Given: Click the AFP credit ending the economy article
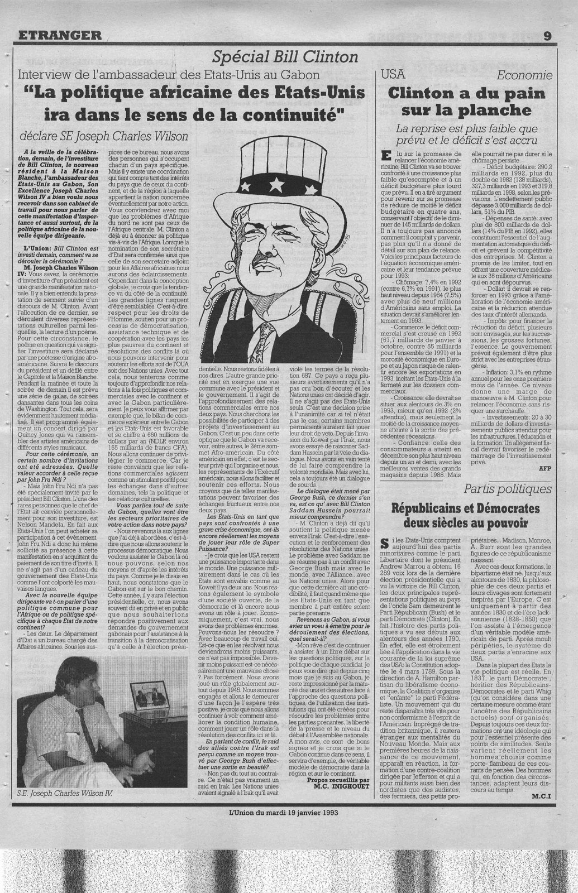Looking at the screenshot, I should [x=544, y=469].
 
